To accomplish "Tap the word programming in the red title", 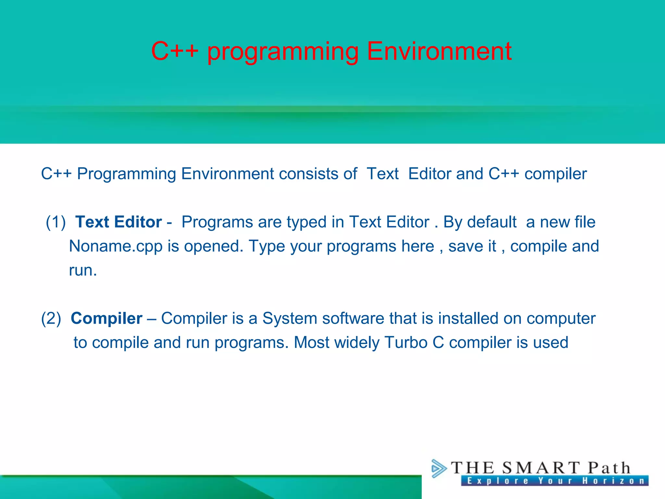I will pos(282,52).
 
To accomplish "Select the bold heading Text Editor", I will pos(119,222).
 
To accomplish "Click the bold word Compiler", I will pos(107,318).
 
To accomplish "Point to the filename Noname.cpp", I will pos(116,246).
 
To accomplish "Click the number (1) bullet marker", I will pos(56,222).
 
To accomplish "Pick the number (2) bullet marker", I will pos(51,318).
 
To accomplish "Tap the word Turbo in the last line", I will pos(406,342).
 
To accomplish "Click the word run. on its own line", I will pos(83,270).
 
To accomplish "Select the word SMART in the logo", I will pos(541,468).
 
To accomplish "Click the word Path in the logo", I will pos(609,468).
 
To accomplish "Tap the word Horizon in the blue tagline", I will pos(613,481).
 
